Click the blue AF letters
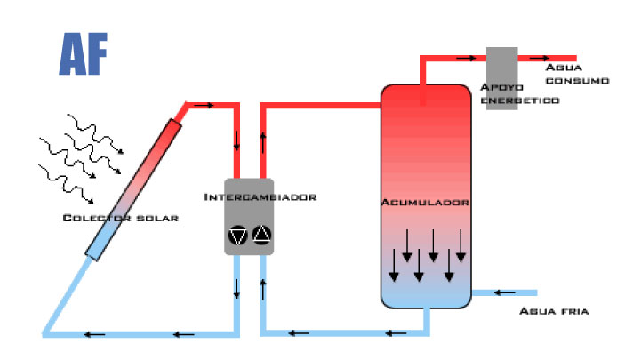point(84,54)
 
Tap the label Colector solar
point(120,219)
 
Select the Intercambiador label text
point(260,196)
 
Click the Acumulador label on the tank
point(425,204)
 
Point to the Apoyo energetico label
point(519,93)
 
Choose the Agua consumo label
point(577,73)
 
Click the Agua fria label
point(553,312)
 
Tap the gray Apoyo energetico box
point(501,67)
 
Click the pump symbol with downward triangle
point(238,235)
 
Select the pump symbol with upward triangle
point(261,235)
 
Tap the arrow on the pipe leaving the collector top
point(204,105)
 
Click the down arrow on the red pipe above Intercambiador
point(238,140)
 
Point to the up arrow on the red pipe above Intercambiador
point(263,140)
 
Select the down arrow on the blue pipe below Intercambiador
point(238,288)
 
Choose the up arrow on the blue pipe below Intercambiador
point(263,288)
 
